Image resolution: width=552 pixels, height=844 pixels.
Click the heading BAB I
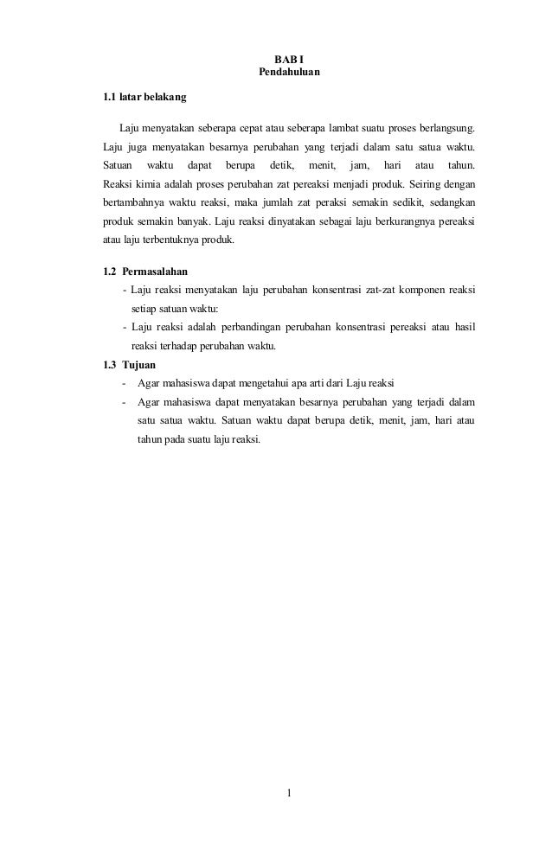(x=289, y=57)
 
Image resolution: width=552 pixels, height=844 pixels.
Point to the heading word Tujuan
(x=139, y=364)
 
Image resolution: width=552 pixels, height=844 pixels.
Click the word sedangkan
(x=445, y=202)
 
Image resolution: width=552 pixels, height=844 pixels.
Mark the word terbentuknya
(x=176, y=240)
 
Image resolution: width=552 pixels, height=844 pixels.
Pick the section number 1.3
(x=110, y=364)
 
